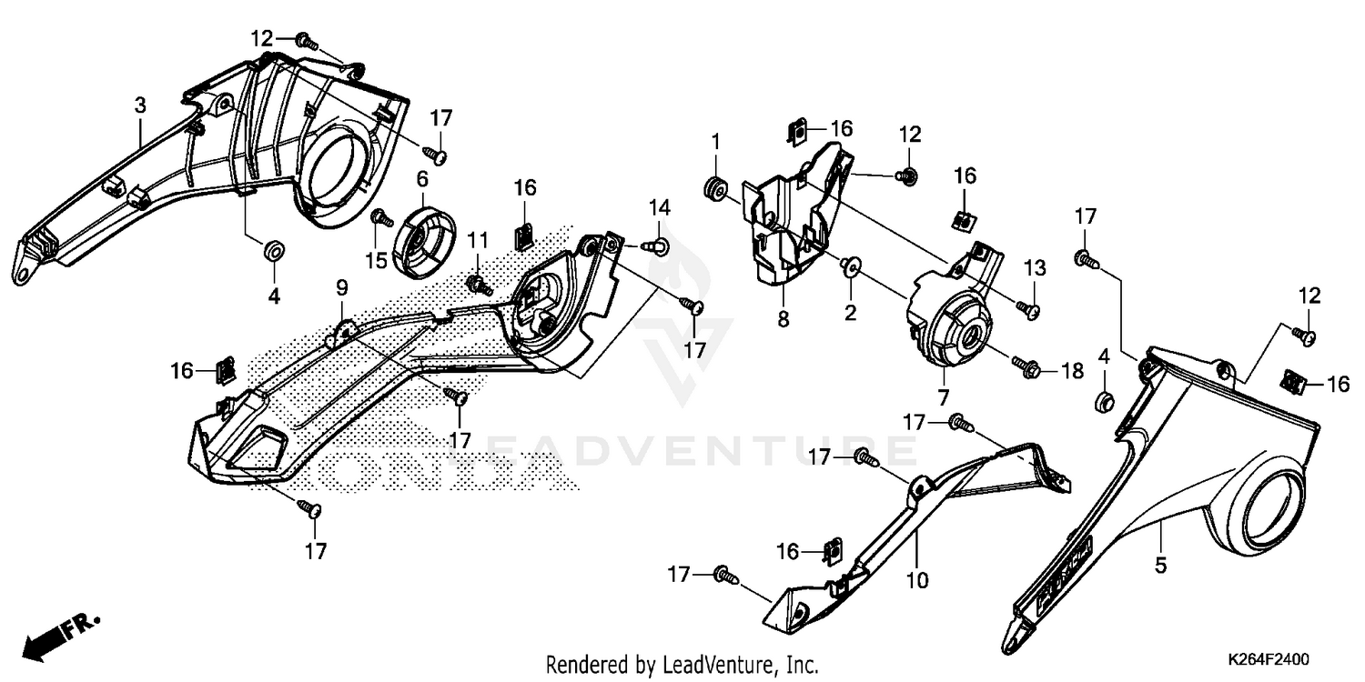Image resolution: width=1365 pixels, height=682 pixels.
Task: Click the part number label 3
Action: point(140,105)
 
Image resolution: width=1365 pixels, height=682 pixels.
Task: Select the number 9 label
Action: point(341,287)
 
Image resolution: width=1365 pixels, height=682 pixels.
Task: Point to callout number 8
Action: point(784,319)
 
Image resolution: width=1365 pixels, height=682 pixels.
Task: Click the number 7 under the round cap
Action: point(944,397)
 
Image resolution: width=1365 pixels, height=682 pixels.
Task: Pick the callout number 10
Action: point(918,579)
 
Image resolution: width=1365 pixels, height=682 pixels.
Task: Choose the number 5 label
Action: point(1160,566)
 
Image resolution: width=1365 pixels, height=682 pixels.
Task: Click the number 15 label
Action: point(377,261)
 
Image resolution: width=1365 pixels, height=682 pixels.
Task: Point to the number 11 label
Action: point(479,240)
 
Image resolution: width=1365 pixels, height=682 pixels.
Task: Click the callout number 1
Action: point(716,142)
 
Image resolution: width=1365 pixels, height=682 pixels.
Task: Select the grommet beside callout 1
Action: point(714,188)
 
